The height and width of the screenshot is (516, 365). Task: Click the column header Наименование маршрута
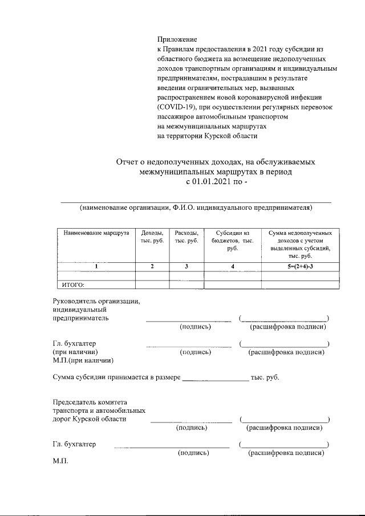pos(96,234)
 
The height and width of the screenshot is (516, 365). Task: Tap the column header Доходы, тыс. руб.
pos(152,238)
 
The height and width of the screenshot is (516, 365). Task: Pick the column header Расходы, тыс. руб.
pos(186,238)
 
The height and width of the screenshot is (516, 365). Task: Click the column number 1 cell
pos(96,266)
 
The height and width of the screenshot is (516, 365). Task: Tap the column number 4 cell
pos(232,266)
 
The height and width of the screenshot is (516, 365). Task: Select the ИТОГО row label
pos(72,285)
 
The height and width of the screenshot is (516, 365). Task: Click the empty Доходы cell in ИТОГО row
pos(152,285)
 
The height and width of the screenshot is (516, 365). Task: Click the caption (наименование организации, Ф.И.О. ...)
pos(196,208)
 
